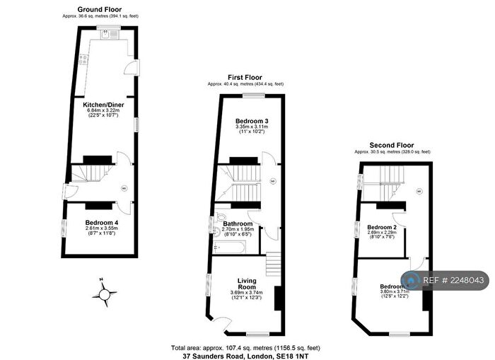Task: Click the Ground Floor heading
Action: point(105,9)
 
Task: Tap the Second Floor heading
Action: point(393,145)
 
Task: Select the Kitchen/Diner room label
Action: point(105,105)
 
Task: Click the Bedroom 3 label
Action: point(252,121)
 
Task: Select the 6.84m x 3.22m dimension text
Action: point(105,110)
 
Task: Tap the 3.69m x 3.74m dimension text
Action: point(246,293)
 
